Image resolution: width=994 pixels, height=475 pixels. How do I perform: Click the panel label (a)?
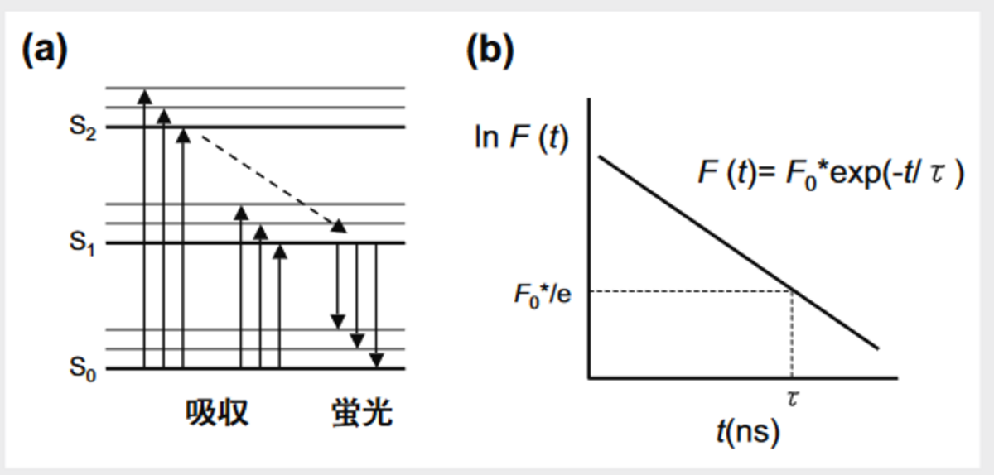tap(43, 52)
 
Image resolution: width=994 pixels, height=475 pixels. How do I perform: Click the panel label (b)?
tap(490, 52)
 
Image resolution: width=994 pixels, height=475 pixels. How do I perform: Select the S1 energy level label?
tap(82, 244)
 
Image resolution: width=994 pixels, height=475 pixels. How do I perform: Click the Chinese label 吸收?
tap(217, 413)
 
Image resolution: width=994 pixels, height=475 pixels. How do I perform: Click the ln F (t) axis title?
tap(521, 137)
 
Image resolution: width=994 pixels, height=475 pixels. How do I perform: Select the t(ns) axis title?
tap(748, 432)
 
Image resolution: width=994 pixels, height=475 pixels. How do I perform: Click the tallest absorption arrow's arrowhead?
tap(145, 94)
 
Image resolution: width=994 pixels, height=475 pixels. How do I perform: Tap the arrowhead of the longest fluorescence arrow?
tap(377, 360)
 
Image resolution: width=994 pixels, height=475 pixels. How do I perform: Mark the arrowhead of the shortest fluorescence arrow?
tap(338, 320)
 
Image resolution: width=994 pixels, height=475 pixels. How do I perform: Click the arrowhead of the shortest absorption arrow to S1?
tap(280, 252)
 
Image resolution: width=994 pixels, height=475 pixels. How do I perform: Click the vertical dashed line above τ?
tap(793, 331)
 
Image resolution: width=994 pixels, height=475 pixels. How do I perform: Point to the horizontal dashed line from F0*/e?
tap(688, 291)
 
